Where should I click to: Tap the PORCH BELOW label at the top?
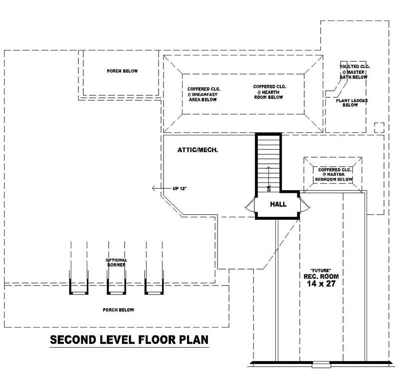pos(122,71)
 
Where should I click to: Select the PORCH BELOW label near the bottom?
pos(118,310)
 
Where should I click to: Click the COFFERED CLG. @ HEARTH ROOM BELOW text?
pos(269,91)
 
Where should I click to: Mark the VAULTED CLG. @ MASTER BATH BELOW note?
pos(354,72)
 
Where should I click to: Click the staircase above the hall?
pos(269,160)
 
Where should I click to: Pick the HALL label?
pos(277,204)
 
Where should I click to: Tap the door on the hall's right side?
pos(305,205)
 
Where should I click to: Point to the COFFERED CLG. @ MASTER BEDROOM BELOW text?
pos(335,174)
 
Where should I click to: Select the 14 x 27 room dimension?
pos(321,284)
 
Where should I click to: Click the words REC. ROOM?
pos(321,275)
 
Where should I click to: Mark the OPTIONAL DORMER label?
pos(116,263)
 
